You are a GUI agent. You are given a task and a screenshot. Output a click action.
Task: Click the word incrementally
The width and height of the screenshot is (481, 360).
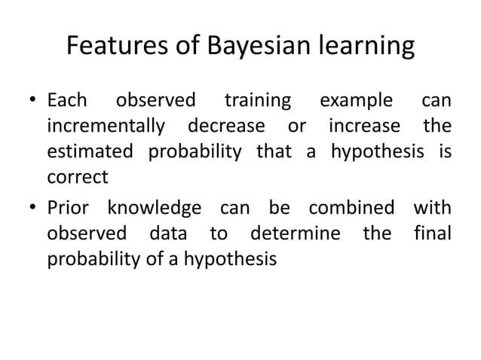[x=107, y=127]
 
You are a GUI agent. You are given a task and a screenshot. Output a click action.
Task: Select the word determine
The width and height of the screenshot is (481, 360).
[x=296, y=233]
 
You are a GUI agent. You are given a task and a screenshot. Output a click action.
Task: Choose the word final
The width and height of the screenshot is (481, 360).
[x=433, y=233]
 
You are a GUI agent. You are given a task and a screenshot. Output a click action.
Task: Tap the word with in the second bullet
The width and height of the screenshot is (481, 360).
[x=432, y=207]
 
